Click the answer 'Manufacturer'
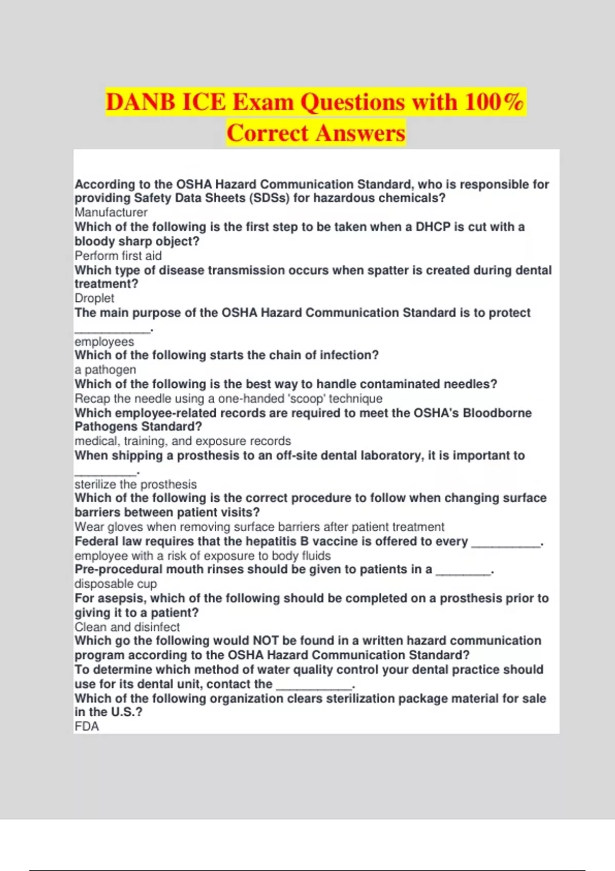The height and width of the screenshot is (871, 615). click(x=111, y=213)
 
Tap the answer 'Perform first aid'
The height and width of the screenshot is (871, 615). click(x=118, y=256)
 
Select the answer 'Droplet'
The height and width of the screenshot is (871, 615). click(x=94, y=298)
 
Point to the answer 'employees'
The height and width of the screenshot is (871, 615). click(x=104, y=342)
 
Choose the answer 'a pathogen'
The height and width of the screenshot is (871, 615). click(x=105, y=370)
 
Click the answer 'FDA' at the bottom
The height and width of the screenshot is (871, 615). click(x=87, y=727)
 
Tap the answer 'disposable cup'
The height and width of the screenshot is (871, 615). click(x=115, y=584)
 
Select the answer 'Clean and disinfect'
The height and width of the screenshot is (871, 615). click(x=127, y=627)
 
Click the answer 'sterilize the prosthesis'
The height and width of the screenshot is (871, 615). click(x=135, y=484)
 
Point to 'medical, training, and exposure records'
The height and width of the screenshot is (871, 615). click(x=182, y=441)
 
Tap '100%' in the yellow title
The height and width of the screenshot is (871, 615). click(x=494, y=102)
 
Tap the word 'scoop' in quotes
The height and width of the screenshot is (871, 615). click(x=306, y=399)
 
